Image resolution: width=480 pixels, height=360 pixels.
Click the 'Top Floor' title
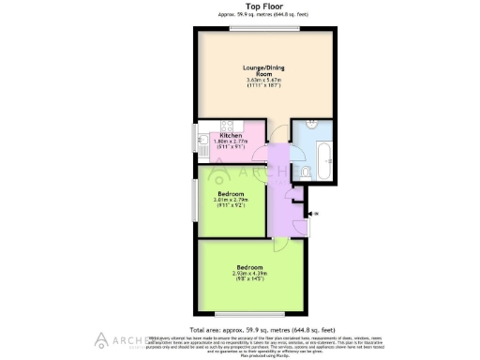coord(240,6)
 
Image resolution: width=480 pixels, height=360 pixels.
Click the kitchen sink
coord(203,145)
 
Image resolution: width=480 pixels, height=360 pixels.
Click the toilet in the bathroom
coord(307,171)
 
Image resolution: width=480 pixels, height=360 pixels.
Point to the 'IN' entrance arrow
coord(312,215)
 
